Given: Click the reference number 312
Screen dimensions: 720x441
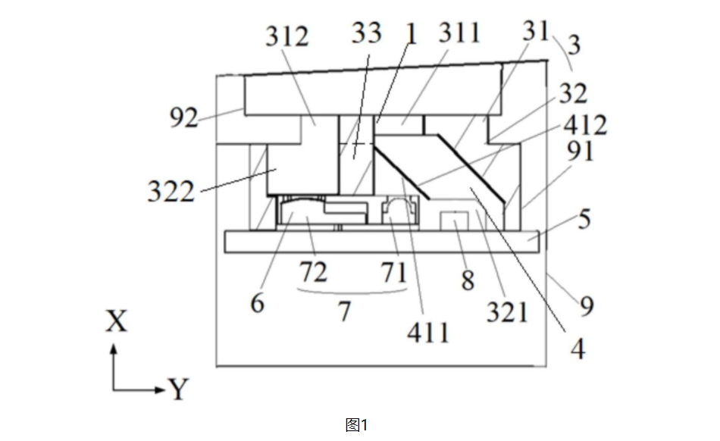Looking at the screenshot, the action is tap(287, 36).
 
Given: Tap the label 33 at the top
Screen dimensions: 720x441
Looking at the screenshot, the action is tap(366, 33).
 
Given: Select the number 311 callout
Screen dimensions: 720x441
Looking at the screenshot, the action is tap(459, 33).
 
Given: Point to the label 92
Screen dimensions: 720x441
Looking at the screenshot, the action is tap(183, 117).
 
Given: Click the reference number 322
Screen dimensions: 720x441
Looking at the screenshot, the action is tap(171, 192).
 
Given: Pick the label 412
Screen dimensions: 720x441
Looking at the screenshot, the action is tap(585, 125).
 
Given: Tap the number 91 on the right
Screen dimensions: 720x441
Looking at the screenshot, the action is tap(580, 151).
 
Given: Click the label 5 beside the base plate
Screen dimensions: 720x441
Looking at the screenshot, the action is tap(584, 219).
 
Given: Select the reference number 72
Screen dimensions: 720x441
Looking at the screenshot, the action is tap(314, 272).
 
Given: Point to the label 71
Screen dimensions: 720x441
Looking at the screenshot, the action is tap(394, 272).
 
